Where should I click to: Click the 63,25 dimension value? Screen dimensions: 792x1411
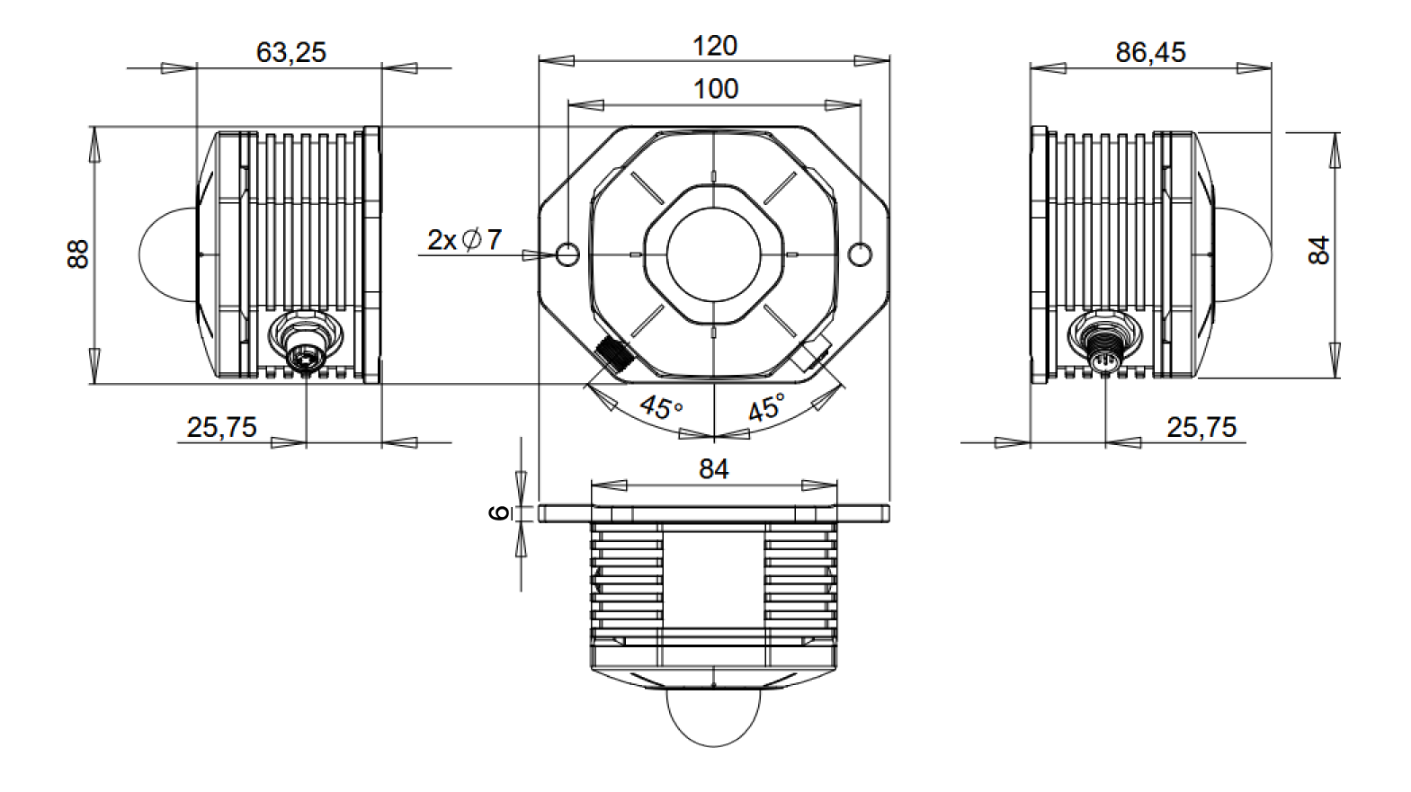(290, 52)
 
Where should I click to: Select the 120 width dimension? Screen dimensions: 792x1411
(714, 46)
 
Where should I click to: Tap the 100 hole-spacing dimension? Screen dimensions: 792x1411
(715, 89)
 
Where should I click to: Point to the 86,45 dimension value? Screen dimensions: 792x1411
(1150, 52)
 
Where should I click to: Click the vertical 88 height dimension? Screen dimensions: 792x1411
(78, 254)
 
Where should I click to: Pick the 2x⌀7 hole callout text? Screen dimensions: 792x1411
(464, 240)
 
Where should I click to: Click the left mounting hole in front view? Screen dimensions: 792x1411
(567, 254)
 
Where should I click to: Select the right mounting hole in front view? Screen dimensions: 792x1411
(860, 254)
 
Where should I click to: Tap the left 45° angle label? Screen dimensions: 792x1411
(661, 407)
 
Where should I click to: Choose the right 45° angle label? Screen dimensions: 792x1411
(766, 407)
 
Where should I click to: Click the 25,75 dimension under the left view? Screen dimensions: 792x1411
(221, 427)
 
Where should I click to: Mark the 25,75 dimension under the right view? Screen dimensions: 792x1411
(1201, 427)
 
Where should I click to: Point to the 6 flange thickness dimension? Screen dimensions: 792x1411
(499, 513)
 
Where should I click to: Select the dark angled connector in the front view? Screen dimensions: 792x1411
(614, 355)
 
